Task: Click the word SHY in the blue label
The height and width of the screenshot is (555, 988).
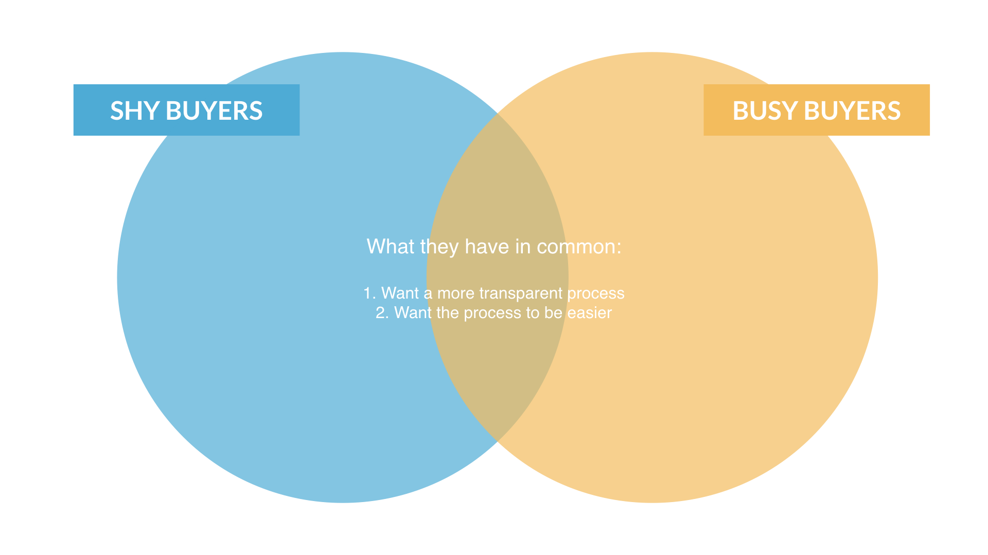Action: [x=135, y=110]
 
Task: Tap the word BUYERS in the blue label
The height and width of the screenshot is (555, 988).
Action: [x=214, y=110]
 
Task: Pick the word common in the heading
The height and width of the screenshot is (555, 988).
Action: [x=579, y=247]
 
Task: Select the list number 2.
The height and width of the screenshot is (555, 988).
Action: [x=381, y=312]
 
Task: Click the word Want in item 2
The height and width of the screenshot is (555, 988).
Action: [x=413, y=312]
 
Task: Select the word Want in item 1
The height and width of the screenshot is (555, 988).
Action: [x=400, y=293]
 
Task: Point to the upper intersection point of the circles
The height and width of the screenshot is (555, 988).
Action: [x=498, y=113]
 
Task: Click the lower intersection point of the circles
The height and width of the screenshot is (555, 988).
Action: [x=498, y=441]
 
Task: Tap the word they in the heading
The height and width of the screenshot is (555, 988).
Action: [x=439, y=247]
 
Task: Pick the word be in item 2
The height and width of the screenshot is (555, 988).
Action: [x=553, y=312]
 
